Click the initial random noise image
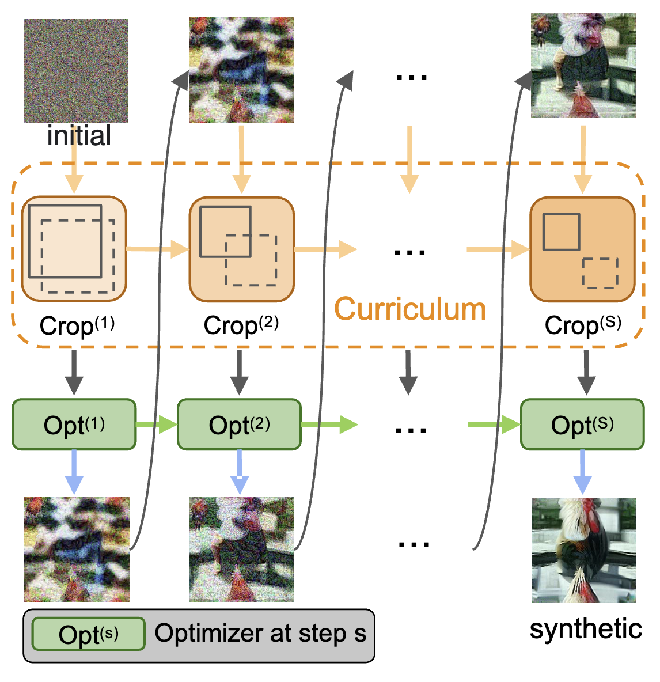click(75, 70)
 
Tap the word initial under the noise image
click(79, 136)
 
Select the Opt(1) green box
click(74, 425)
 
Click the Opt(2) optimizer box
click(239, 425)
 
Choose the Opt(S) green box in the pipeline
click(582, 425)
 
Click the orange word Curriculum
click(410, 309)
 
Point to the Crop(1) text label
click(77, 325)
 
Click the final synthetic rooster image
click(583, 550)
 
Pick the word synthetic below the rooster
click(586, 629)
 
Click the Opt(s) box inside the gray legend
click(88, 634)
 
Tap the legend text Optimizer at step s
click(260, 633)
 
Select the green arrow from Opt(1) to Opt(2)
click(157, 425)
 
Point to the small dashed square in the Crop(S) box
click(600, 273)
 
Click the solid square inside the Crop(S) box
click(561, 232)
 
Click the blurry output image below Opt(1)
click(77, 550)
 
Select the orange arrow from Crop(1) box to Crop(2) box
click(157, 249)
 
